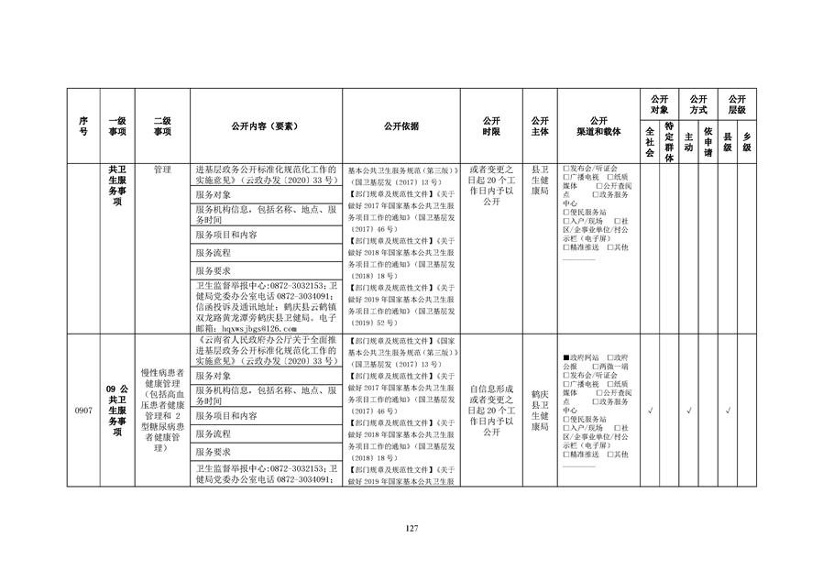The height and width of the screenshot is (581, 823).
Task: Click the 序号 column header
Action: (x=83, y=126)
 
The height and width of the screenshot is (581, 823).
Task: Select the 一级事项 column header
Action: (x=117, y=126)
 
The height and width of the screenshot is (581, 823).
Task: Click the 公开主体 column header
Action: (x=540, y=126)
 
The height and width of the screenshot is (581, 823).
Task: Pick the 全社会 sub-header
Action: (x=650, y=142)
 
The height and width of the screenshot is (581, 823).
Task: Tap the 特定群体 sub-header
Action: (x=669, y=142)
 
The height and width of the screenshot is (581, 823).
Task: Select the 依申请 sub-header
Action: (x=708, y=142)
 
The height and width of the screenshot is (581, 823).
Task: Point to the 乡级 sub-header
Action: (x=747, y=142)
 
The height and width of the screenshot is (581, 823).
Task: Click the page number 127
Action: (x=411, y=528)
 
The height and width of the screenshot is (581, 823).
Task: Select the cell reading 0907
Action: (x=83, y=411)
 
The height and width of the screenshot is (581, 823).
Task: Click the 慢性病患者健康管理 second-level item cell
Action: (x=162, y=411)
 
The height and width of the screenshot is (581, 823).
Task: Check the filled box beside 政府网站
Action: (x=565, y=357)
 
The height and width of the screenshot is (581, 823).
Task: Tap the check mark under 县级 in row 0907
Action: (x=727, y=411)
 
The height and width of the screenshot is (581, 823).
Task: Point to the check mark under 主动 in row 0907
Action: (x=688, y=411)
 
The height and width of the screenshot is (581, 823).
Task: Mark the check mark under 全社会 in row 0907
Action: (x=650, y=411)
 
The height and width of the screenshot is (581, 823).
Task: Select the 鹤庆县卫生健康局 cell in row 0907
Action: (x=540, y=411)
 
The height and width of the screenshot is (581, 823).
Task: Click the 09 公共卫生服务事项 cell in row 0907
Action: (x=117, y=411)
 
